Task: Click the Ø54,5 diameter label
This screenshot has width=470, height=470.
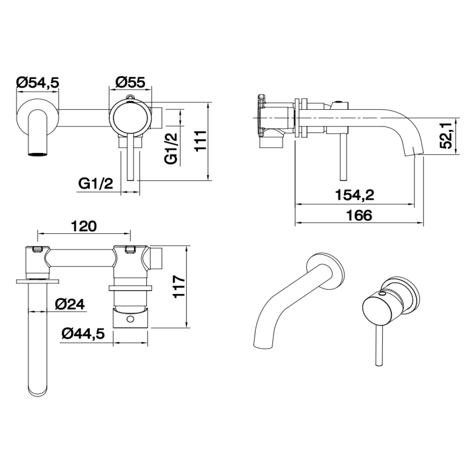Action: point(37,82)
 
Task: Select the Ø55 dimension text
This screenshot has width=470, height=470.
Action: point(130,82)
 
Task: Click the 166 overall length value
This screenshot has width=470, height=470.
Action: point(359,215)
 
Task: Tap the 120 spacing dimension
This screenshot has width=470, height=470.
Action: point(83,226)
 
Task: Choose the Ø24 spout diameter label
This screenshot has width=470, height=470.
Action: point(70,304)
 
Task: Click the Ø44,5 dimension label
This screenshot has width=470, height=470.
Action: point(83,335)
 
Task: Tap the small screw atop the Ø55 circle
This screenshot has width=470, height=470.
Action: point(130,97)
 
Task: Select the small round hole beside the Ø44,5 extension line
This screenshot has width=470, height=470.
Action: point(130,318)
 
